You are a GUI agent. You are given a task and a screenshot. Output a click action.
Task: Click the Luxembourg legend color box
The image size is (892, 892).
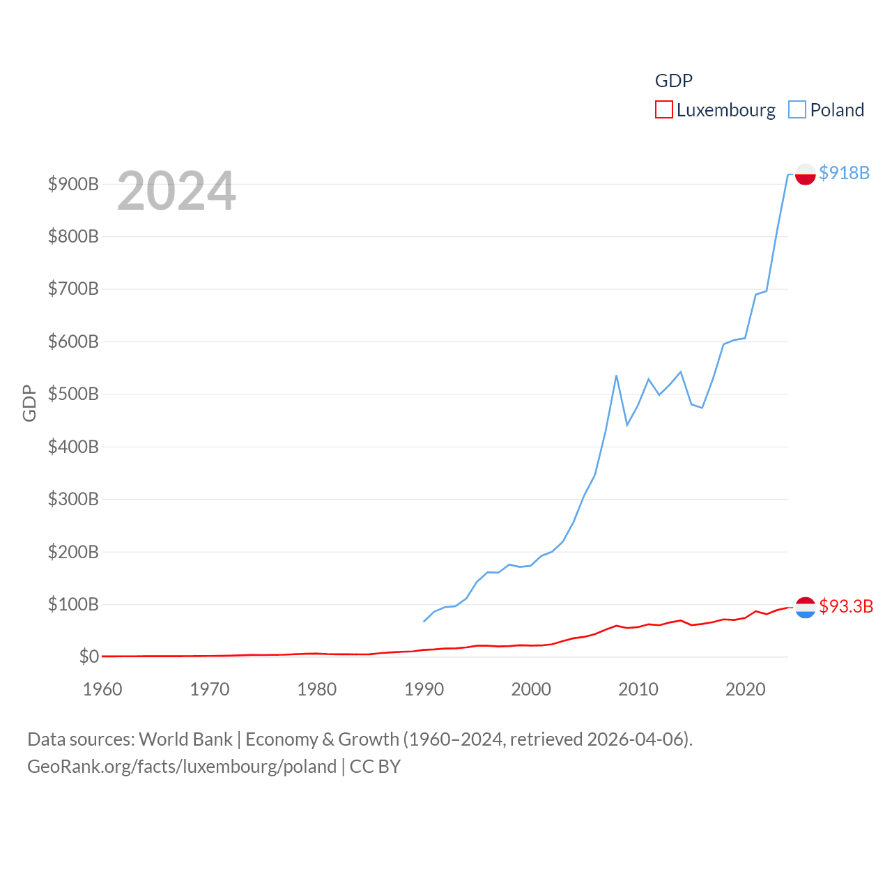click(x=663, y=110)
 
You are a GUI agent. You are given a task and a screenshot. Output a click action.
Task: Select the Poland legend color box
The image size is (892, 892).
click(x=797, y=110)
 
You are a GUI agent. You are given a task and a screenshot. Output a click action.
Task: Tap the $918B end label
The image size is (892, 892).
click(x=844, y=173)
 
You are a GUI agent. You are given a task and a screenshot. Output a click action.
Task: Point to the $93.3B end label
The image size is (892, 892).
click(x=846, y=606)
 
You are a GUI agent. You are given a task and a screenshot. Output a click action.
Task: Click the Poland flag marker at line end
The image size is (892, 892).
click(x=805, y=174)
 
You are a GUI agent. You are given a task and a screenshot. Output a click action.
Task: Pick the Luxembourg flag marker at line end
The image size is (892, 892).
click(x=805, y=608)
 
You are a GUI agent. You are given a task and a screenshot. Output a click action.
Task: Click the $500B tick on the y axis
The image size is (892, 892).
click(x=73, y=394)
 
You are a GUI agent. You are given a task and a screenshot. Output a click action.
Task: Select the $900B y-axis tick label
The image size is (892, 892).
click(x=73, y=184)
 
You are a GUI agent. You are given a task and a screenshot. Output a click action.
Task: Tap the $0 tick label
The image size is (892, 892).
click(x=89, y=656)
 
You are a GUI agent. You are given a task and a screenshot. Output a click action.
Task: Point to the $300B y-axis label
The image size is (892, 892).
click(x=73, y=499)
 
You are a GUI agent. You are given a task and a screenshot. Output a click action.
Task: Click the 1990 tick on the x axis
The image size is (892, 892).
click(x=424, y=689)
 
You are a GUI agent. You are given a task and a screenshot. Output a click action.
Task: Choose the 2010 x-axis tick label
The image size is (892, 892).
click(x=638, y=689)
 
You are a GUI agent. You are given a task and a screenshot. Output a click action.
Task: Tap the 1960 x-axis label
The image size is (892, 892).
click(x=102, y=689)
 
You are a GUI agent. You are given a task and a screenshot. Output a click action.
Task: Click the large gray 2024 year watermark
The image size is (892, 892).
click(x=176, y=191)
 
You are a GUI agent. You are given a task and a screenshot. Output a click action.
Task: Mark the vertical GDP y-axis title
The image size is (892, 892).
click(x=29, y=403)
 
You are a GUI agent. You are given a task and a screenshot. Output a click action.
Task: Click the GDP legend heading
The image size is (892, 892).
click(x=674, y=81)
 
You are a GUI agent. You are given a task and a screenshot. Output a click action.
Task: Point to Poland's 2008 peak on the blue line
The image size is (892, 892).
click(x=616, y=376)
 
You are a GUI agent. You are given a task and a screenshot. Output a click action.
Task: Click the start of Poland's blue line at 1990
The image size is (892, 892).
click(x=424, y=621)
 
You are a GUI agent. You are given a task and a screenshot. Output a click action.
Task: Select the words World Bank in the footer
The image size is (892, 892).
click(x=185, y=739)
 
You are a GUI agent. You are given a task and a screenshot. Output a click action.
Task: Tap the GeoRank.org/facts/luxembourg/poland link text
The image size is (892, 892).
click(x=182, y=767)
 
